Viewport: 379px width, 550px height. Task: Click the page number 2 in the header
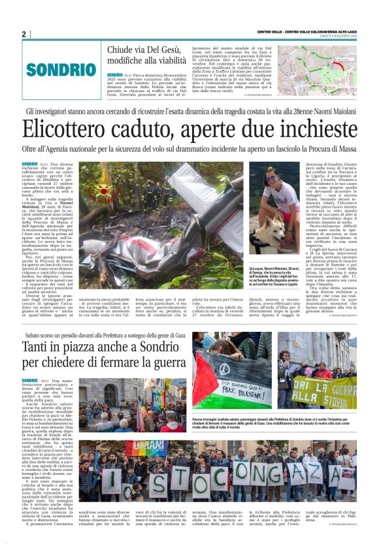tap(24, 34)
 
